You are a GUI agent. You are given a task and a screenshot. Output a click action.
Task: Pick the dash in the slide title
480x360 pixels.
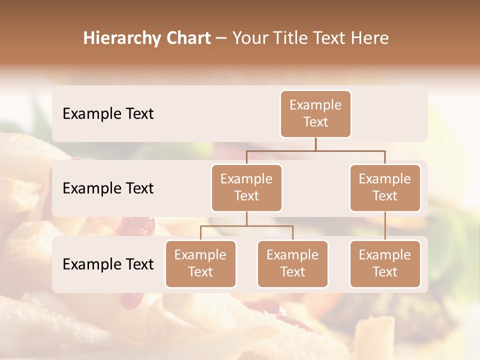221,39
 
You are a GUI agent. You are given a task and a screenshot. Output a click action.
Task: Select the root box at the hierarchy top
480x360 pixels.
315,113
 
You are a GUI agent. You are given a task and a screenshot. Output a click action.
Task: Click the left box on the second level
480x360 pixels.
246,187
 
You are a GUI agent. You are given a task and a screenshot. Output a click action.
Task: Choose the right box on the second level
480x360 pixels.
385,187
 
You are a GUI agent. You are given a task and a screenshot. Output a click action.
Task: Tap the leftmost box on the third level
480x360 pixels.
200,263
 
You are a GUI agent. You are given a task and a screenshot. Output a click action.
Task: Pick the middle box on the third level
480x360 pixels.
292,263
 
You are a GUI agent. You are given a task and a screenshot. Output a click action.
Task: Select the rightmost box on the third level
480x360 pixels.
385,263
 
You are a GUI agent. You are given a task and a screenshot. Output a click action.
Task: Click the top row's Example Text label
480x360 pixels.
108,114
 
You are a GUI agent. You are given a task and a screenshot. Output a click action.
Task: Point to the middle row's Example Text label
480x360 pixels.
108,188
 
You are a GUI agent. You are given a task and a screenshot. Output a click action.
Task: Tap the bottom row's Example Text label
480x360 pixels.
108,264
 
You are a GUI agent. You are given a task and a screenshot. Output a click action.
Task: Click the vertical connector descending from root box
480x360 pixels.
315,144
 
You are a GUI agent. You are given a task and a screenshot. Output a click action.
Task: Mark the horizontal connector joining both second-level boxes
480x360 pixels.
315,150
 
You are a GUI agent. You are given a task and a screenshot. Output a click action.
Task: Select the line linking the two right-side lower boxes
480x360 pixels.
385,226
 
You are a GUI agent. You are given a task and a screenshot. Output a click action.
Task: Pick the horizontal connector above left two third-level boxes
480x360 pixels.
246,226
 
